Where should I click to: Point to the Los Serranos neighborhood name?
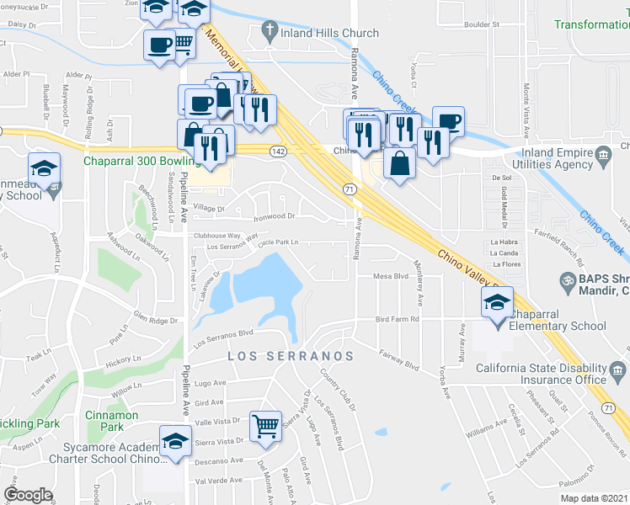[x=291, y=357]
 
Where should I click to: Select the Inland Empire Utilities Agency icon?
[x=603, y=155]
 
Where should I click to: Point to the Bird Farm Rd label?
[x=398, y=319]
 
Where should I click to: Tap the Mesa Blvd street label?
[x=391, y=275]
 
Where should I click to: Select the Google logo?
[x=28, y=495]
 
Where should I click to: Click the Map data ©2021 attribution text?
[x=592, y=498]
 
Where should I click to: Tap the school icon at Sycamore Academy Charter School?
[x=175, y=443]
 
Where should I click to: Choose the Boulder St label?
[x=483, y=24]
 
